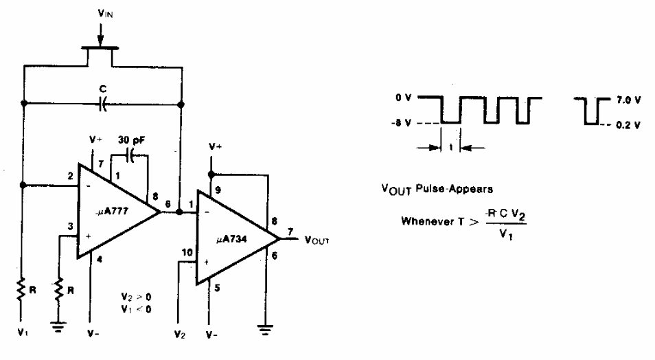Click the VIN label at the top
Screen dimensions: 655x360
pyautogui.click(x=105, y=13)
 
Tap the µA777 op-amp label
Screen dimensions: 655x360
pyautogui.click(x=111, y=211)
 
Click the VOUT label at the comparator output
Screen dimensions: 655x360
pyautogui.click(x=317, y=240)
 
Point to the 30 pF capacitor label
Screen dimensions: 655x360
pyautogui.click(x=131, y=140)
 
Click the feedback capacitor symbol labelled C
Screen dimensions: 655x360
pyautogui.click(x=103, y=104)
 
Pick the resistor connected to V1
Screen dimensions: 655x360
pyautogui.click(x=20, y=289)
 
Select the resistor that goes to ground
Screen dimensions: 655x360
pyautogui.click(x=59, y=289)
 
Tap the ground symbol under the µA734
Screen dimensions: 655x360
pyautogui.click(x=265, y=330)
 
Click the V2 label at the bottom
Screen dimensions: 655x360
pyautogui.click(x=180, y=335)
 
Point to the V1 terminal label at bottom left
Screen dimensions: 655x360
pyautogui.click(x=23, y=333)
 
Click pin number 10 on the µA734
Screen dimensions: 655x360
pyautogui.click(x=187, y=253)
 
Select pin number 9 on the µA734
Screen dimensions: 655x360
pyautogui.click(x=218, y=190)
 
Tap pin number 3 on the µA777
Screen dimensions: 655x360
pyautogui.click(x=70, y=226)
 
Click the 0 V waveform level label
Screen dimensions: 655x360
pyautogui.click(x=404, y=98)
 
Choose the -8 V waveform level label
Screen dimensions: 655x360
pyautogui.click(x=401, y=123)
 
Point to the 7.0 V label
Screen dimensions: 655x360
pyautogui.click(x=628, y=100)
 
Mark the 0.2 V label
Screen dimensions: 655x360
pyautogui.click(x=628, y=125)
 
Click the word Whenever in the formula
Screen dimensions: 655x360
pyautogui.click(x=427, y=221)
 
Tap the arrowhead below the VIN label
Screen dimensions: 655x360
pyautogui.click(x=100, y=41)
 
